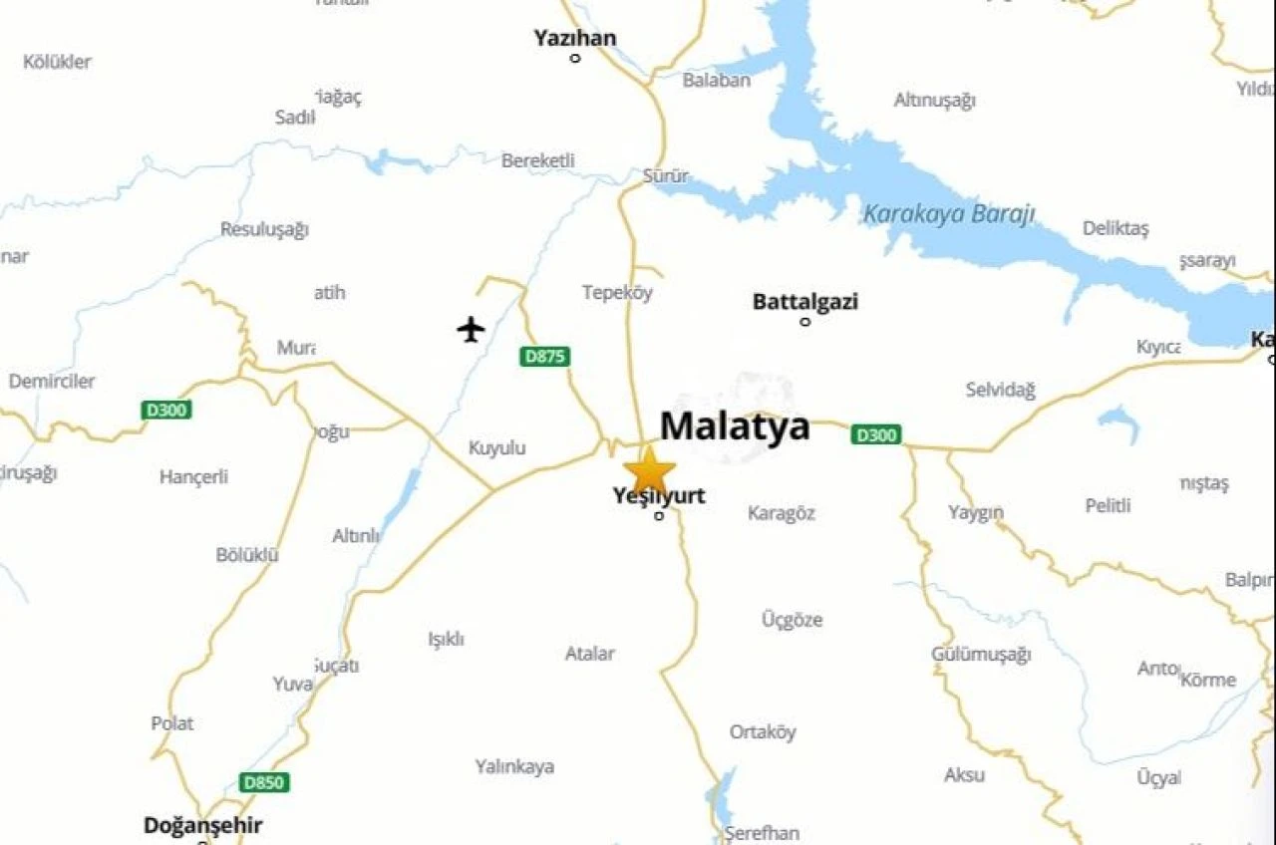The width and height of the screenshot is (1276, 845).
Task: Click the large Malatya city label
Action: click(x=735, y=426)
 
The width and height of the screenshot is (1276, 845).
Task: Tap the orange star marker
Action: click(x=649, y=469)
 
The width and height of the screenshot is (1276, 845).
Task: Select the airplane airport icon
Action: click(x=471, y=328)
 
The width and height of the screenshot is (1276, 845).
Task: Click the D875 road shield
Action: click(x=544, y=356)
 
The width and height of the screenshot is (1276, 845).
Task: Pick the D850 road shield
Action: click(x=264, y=782)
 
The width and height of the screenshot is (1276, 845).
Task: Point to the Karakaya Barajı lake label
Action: click(x=948, y=214)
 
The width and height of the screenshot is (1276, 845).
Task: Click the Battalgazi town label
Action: click(x=804, y=301)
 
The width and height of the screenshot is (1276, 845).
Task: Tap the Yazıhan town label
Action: click(x=574, y=38)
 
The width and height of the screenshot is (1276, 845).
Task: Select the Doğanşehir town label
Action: click(x=202, y=825)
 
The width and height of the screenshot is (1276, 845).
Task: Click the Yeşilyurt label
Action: click(x=659, y=495)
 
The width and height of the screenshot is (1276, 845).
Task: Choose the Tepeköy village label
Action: click(x=617, y=292)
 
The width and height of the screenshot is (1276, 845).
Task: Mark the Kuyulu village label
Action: click(x=496, y=448)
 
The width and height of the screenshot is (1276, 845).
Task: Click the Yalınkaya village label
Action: click(x=514, y=766)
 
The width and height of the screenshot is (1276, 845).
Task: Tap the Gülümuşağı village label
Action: click(x=981, y=655)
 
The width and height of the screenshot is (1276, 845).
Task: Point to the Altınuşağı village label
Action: click(x=934, y=100)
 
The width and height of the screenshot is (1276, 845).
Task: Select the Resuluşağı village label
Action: click(x=264, y=229)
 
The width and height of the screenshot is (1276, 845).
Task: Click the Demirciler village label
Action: click(x=52, y=381)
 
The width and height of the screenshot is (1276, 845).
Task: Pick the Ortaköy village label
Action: click(x=763, y=732)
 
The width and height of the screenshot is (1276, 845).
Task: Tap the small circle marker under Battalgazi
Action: click(x=805, y=322)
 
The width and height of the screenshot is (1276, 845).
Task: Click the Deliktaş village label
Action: click(x=1116, y=228)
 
